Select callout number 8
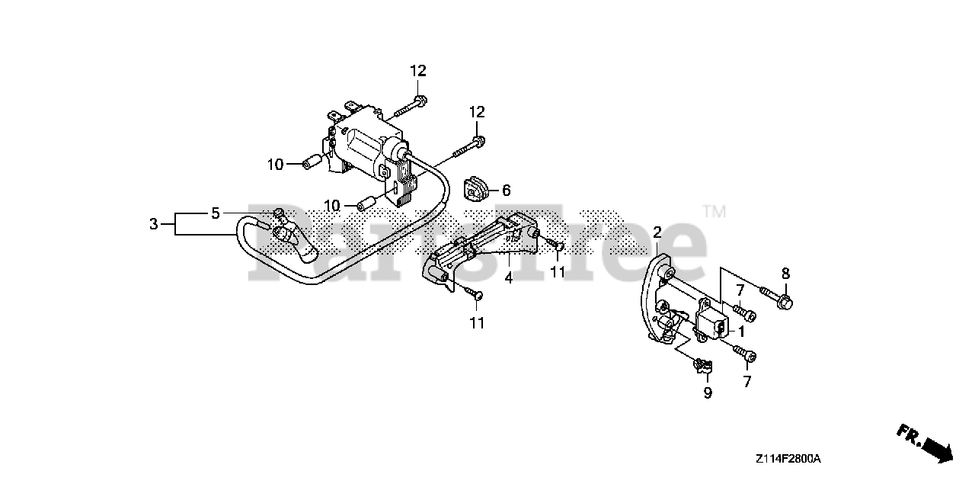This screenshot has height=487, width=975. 786,274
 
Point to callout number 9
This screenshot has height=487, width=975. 708,393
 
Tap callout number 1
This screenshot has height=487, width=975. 741,332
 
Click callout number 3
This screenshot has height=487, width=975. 154,224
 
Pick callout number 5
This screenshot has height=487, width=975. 216,213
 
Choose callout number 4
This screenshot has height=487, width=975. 509,278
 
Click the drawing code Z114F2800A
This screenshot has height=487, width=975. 788,459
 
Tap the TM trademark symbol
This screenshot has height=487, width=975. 714,211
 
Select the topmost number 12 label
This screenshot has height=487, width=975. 418,71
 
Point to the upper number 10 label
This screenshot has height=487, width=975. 275,164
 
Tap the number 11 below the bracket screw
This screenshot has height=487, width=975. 476,323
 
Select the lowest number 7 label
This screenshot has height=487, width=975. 746,382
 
